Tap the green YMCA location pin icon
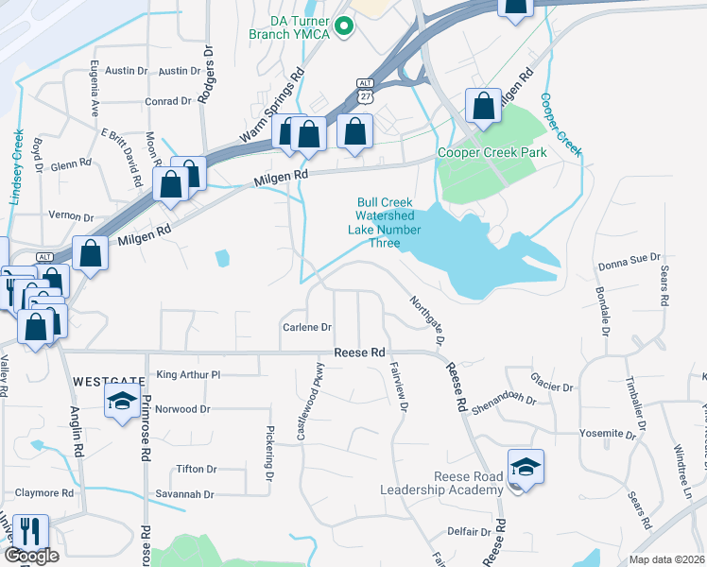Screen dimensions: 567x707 344,26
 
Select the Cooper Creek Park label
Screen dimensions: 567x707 491,152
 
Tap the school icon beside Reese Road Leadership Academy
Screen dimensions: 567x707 526,466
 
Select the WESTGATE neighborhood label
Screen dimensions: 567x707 109,381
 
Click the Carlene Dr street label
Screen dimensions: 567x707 307,328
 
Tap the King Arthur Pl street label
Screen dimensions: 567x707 188,375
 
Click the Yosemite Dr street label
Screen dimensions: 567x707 606,434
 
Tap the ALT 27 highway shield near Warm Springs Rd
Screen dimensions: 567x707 365,90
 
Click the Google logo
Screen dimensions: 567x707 31,556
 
